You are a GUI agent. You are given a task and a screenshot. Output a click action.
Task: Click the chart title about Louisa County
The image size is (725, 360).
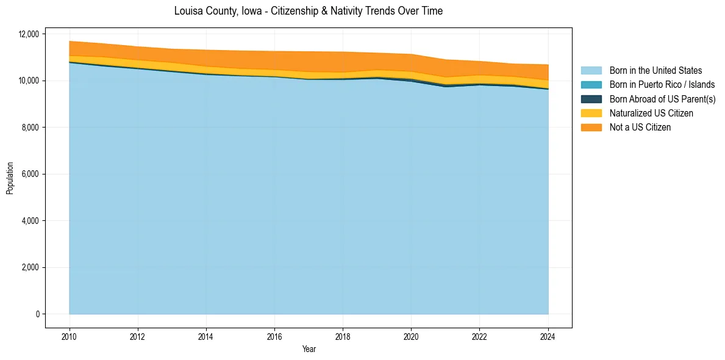click(x=308, y=11)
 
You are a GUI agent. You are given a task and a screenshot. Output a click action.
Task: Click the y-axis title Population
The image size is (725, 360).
click(x=10, y=178)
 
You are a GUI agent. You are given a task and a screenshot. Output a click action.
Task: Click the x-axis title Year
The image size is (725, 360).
click(x=309, y=349)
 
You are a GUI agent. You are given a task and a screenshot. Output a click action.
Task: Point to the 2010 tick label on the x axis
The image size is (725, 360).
click(x=70, y=336)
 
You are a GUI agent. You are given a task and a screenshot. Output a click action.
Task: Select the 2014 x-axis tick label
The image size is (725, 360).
click(x=206, y=336)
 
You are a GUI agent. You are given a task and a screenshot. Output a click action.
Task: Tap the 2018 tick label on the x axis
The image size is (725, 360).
click(x=343, y=336)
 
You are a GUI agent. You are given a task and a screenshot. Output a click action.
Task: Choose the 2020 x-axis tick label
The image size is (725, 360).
click(x=411, y=336)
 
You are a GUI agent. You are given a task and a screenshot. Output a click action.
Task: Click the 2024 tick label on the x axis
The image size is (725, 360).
click(x=548, y=336)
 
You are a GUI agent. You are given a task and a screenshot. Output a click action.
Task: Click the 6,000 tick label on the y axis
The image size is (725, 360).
click(x=30, y=174)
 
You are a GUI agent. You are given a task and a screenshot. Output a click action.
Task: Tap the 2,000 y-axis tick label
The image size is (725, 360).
click(x=30, y=267)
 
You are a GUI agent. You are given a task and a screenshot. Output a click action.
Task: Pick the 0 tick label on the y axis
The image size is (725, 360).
click(x=37, y=314)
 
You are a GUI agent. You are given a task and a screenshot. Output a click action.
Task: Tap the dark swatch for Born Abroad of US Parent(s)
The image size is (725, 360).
click(x=591, y=99)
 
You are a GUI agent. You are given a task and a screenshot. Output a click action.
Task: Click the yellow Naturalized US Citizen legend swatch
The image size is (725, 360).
click(x=591, y=113)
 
